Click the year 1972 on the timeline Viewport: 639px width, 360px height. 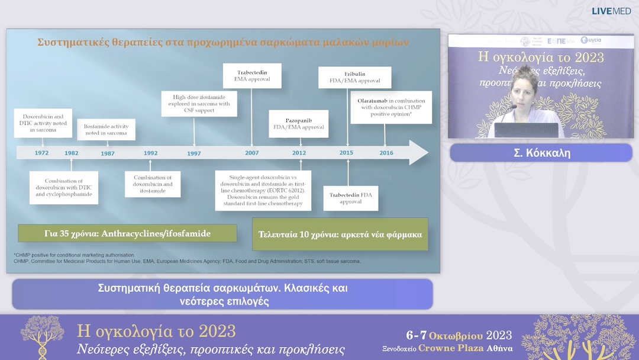(x=41, y=153)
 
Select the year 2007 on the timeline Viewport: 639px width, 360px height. (x=252, y=153)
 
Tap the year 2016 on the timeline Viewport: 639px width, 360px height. (x=386, y=153)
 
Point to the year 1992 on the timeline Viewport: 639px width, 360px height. (x=150, y=153)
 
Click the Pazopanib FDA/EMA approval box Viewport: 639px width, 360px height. (x=298, y=123)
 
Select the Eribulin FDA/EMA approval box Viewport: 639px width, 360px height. (x=348, y=76)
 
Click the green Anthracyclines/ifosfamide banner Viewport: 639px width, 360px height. (x=127, y=233)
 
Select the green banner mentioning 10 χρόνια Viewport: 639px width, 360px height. (x=340, y=234)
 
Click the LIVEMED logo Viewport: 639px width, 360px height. (x=611, y=11)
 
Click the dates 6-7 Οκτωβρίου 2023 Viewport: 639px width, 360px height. (x=459, y=335)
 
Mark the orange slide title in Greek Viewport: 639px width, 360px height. (x=222, y=43)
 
